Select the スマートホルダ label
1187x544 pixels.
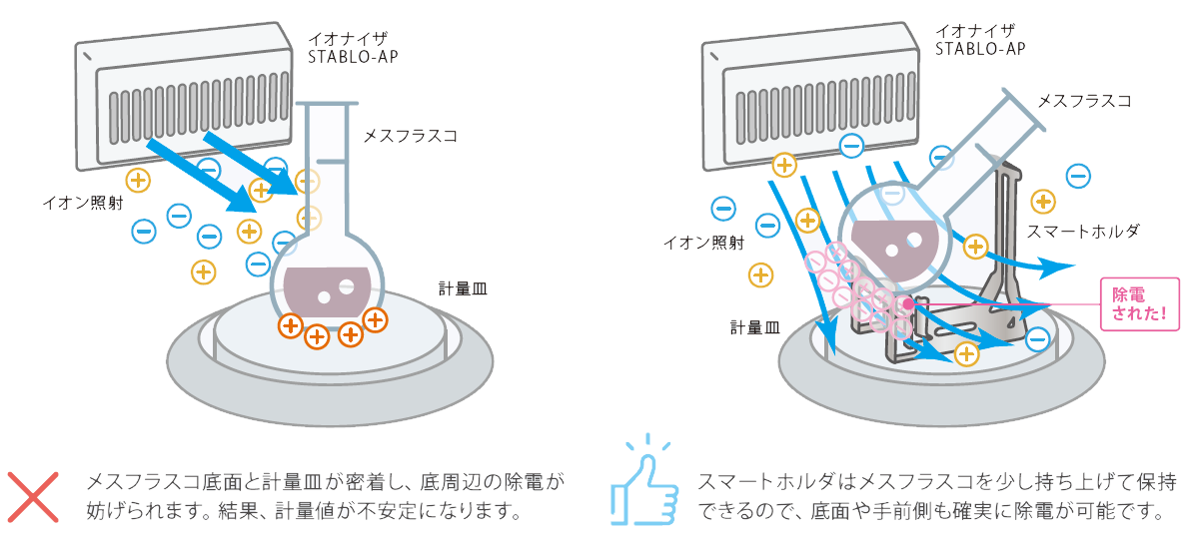(1084, 232)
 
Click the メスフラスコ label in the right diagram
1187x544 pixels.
(1084, 101)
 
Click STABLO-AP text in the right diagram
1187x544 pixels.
(979, 49)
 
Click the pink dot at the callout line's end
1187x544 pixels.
(907, 302)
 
